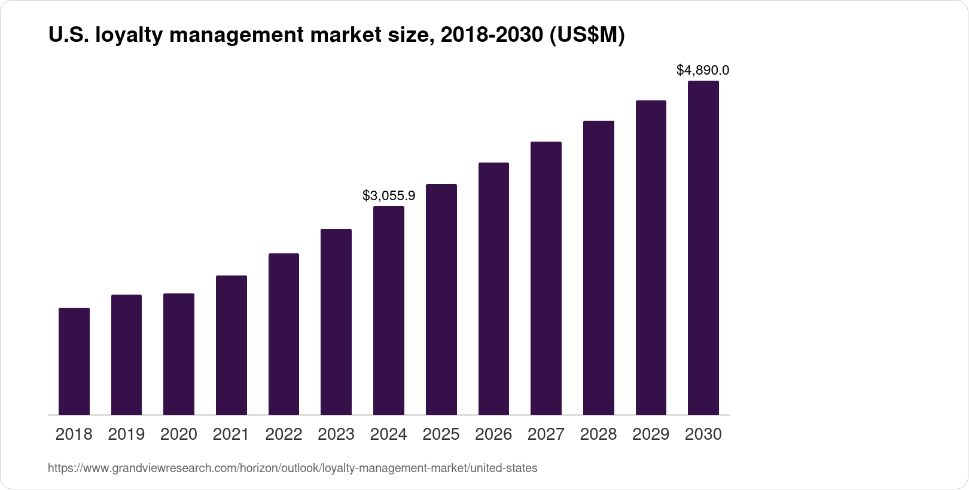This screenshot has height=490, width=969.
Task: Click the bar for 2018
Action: pos(74,362)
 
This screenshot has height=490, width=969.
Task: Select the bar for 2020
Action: pos(179,354)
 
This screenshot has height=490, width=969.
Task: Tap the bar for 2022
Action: pos(284,334)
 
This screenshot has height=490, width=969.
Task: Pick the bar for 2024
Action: pos(389,311)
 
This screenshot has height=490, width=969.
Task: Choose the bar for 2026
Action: pos(493,289)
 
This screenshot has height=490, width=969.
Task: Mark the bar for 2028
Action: pos(598,268)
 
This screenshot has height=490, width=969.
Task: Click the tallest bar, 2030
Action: pos(703,248)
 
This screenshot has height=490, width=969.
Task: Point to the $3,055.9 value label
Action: pos(389,195)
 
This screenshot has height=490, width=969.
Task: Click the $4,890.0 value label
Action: pos(703,71)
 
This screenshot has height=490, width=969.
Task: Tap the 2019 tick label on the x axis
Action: pos(126,434)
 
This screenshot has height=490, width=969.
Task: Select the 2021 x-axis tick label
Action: pos(231,434)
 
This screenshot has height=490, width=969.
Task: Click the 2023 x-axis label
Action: pos(336,434)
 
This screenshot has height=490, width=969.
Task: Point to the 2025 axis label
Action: pos(441,434)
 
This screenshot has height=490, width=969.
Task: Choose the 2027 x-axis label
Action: pos(546,434)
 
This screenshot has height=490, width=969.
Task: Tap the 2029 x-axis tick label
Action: pos(651,434)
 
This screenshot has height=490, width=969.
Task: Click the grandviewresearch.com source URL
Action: pos(292,468)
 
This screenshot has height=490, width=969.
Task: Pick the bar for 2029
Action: pos(651,258)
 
